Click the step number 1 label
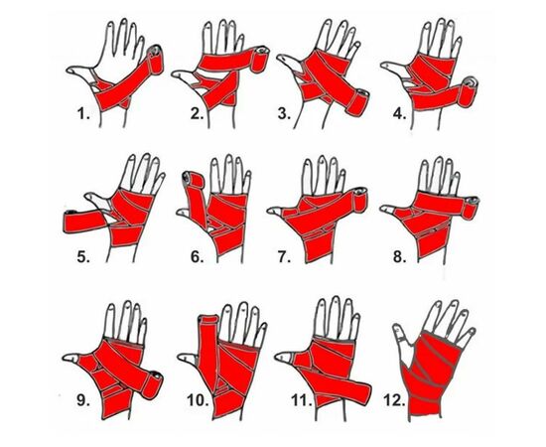coord(83,113)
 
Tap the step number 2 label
coord(197,113)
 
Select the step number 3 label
coord(284,113)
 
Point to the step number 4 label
coord(399,113)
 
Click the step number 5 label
coord(83,256)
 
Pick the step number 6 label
coord(197,256)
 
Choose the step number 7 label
coord(284,256)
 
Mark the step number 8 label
coord(399,256)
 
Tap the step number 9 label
coord(83,400)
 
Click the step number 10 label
coord(198,400)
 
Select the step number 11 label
coord(301,400)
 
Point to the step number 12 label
coord(394,400)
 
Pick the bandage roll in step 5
coord(84,221)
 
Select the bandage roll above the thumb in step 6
coord(194,182)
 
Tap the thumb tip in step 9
coord(68,358)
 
